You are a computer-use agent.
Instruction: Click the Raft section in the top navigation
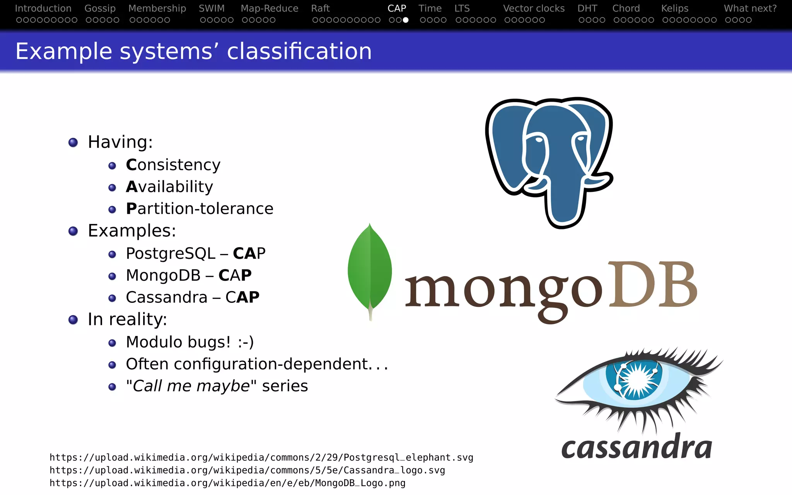(x=320, y=9)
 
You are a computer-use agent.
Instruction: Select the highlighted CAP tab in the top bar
(x=397, y=9)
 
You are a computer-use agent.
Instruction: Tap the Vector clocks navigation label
(x=534, y=9)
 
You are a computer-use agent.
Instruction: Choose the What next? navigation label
(x=750, y=9)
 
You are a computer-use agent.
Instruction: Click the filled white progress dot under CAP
(x=406, y=20)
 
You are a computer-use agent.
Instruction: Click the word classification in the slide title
(x=299, y=51)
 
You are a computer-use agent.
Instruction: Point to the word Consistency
(x=173, y=165)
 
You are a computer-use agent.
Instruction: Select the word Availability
(x=169, y=187)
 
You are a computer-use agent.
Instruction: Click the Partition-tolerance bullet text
(x=200, y=209)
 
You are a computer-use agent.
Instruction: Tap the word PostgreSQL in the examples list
(x=170, y=254)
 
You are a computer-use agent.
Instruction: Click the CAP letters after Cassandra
(x=242, y=297)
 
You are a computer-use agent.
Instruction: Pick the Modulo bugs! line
(x=189, y=342)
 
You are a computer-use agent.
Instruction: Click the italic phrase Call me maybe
(x=191, y=386)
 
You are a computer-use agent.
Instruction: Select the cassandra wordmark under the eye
(x=637, y=448)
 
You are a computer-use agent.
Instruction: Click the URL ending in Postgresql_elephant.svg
(x=261, y=457)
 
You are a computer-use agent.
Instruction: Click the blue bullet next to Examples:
(x=73, y=231)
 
